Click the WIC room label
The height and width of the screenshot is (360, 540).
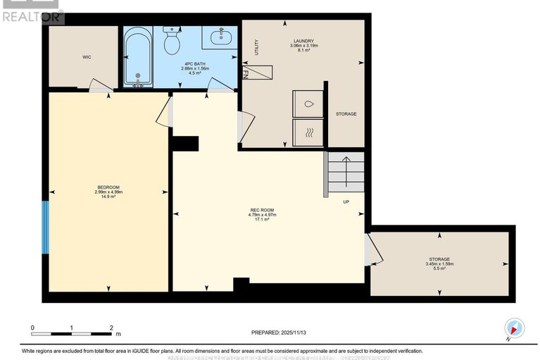(87, 56)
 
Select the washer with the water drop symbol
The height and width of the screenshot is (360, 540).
(308, 104)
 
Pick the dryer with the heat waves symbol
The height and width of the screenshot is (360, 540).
(308, 132)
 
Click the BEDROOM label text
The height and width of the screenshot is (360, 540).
(108, 187)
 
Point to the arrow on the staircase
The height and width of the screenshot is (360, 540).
(346, 168)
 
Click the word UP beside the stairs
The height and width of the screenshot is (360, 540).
(346, 202)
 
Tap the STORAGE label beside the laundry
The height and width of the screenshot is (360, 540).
(346, 114)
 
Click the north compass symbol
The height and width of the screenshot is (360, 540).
(515, 328)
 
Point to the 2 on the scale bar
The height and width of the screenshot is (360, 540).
(111, 328)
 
